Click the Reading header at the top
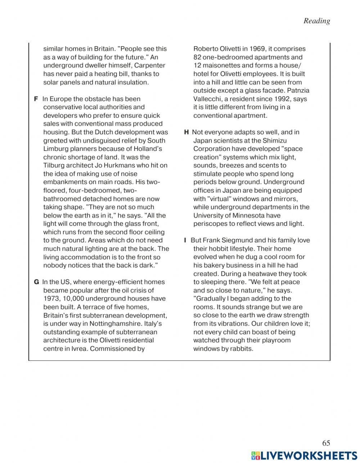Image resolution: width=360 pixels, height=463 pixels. coord(316,21)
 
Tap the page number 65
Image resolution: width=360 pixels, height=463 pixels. coord(326,443)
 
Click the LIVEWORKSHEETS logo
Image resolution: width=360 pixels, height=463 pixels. coord(304,455)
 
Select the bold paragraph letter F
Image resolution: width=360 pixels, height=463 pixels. coord(36,99)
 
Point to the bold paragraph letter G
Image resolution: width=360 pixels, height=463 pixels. coord(36,282)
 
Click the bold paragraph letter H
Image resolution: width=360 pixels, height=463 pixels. coord(186,132)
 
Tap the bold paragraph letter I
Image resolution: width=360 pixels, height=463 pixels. coord(185,240)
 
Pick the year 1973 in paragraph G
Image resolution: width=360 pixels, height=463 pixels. coord(51,298)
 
